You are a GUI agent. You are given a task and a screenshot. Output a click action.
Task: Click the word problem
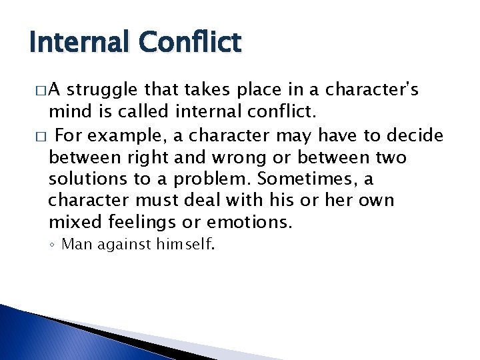click(217, 179)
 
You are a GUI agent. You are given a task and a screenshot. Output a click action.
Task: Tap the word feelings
click(147, 221)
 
